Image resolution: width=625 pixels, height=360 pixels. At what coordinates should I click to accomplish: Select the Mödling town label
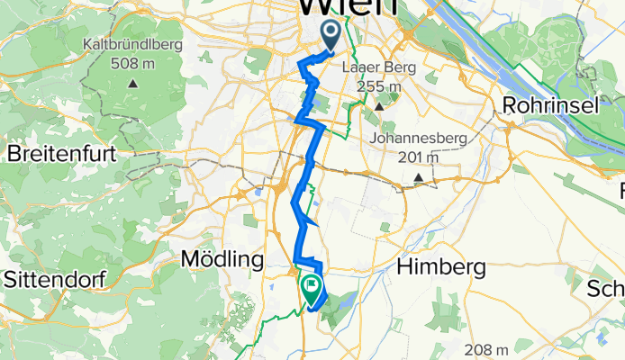(x=222, y=260)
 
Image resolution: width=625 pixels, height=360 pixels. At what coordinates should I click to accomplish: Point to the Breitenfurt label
(x=61, y=154)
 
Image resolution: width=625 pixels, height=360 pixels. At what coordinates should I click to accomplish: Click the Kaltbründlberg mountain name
(x=132, y=43)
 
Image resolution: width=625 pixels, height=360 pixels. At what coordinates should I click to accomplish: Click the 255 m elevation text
(x=379, y=87)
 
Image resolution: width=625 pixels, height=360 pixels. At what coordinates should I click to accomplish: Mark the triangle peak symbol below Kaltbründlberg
(x=132, y=84)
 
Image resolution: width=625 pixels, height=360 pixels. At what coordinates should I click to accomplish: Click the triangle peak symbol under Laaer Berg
(x=379, y=107)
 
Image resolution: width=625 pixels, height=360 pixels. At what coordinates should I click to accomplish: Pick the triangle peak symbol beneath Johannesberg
(x=419, y=178)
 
